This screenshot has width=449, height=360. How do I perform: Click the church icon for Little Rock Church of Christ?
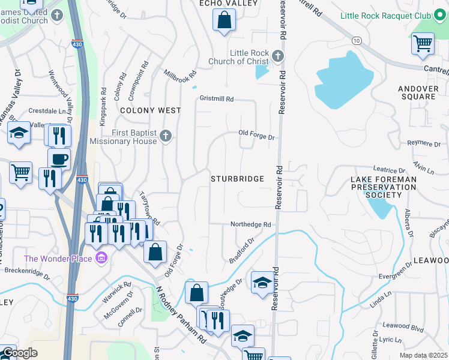tap(277, 56)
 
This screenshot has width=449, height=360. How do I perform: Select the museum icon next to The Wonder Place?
tap(101, 259)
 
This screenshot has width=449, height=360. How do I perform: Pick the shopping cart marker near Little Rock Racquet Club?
tap(423, 43)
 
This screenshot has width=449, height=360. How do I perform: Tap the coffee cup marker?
tap(59, 159)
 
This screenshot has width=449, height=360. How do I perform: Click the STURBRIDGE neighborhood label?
tap(238, 179)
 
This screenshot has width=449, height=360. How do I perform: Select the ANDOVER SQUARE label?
tap(417, 92)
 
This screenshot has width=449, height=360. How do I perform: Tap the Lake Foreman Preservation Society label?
tap(384, 187)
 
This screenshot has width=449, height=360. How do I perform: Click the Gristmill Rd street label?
tap(216, 98)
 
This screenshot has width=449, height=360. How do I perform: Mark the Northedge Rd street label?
tap(251, 224)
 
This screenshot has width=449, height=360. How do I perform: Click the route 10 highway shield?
tap(357, 40)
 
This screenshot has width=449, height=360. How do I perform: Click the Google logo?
tap(19, 353)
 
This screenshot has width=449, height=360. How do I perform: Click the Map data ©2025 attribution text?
tap(424, 355)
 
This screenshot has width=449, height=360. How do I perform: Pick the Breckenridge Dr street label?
tap(28, 271)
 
